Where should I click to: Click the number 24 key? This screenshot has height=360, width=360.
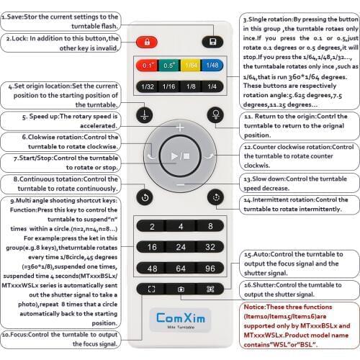(179, 246)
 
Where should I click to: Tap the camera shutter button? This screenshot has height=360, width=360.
(179, 288)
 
